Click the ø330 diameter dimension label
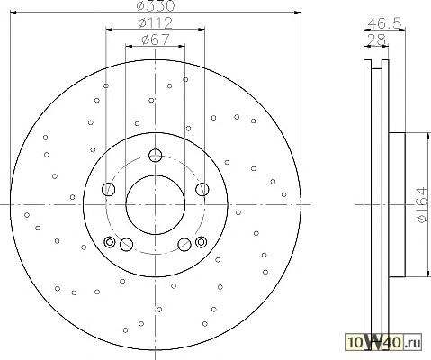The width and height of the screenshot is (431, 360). pyautogui.click(x=155, y=5)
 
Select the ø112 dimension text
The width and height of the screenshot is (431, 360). pyautogui.click(x=156, y=23)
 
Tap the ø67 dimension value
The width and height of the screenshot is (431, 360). pyautogui.click(x=155, y=40)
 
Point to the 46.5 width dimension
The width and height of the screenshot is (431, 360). pyautogui.click(x=384, y=23)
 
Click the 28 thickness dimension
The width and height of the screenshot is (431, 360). pyautogui.click(x=376, y=40)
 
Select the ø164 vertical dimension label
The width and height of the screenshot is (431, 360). pyautogui.click(x=422, y=205)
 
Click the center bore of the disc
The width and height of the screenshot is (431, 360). pyautogui.click(x=156, y=205)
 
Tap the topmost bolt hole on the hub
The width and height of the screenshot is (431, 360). pyautogui.click(x=156, y=156)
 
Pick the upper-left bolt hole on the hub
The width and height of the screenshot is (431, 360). pyautogui.click(x=109, y=190)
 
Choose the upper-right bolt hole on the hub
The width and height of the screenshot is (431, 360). pyautogui.click(x=202, y=190)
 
